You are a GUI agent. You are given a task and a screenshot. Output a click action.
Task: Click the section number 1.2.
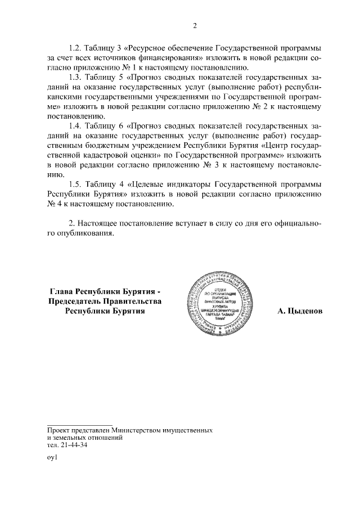[x=75, y=47]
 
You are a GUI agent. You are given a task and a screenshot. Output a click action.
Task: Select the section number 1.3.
[x=75, y=77]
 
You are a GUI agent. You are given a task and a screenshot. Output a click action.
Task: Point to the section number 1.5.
[x=75, y=184]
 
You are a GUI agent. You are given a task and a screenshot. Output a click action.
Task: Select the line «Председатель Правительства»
[x=105, y=301]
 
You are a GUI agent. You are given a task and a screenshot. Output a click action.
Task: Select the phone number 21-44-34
[x=73, y=444]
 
